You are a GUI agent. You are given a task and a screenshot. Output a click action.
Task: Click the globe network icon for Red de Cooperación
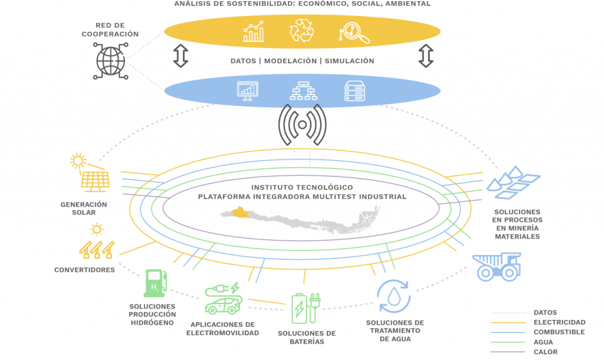110,60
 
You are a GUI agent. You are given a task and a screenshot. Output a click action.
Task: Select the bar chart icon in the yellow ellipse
254,32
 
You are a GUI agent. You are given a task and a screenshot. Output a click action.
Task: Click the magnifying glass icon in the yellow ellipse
354,33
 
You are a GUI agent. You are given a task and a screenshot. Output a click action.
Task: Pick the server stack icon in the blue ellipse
353,90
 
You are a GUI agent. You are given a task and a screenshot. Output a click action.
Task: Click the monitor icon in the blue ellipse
248,90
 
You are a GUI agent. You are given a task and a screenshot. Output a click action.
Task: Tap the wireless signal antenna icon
302,125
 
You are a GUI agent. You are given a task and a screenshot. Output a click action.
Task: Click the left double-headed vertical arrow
180,55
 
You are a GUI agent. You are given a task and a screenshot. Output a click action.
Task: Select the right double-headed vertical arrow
426,55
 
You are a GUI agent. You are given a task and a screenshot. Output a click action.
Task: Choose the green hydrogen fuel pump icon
155,283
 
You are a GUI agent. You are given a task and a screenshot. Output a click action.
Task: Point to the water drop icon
394,296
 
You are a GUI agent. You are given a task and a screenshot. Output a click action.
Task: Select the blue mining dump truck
497,266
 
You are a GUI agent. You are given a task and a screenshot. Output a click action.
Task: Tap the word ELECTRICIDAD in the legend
559,322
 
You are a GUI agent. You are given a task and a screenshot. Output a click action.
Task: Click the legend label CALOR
546,352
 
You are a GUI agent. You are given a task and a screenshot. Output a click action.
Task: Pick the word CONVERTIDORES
84,270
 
